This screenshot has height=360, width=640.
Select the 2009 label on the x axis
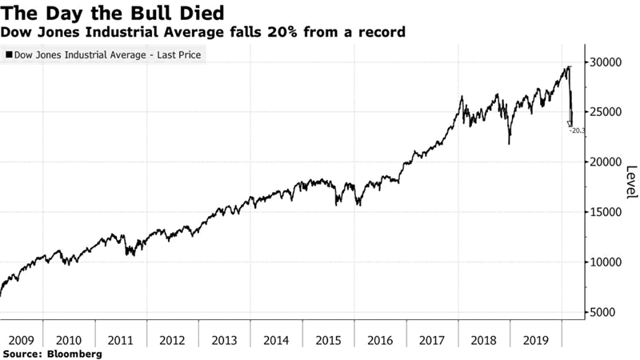click(x=19, y=338)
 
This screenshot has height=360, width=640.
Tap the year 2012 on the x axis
click(x=174, y=338)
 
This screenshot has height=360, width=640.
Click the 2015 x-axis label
click(x=329, y=338)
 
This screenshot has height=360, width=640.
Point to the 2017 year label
click(x=432, y=338)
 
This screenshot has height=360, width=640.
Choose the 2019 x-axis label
click(x=535, y=338)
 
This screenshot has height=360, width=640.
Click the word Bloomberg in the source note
click(x=74, y=353)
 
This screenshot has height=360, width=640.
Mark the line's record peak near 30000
click(x=568, y=67)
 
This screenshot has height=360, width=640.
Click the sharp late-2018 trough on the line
click(x=510, y=143)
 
